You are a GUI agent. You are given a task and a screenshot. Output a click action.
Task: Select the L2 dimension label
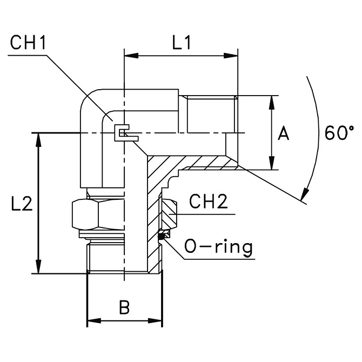22,204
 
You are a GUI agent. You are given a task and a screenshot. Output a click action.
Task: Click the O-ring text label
218,247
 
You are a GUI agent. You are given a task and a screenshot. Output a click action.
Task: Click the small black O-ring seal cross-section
162,235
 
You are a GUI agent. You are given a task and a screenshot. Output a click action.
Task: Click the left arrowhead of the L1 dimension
129,55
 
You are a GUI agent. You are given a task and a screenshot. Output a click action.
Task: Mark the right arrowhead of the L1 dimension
233,55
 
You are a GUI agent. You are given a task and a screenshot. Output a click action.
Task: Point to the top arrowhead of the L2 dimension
38,138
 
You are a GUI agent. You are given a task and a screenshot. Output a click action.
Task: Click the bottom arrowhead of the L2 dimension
38,270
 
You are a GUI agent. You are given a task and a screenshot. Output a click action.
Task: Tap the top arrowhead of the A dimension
271,100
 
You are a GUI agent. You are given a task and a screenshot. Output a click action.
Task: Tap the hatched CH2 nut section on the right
168,213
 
